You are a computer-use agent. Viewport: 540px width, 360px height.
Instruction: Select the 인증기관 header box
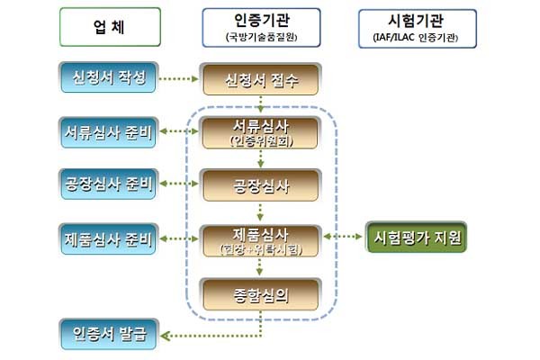tap(260, 28)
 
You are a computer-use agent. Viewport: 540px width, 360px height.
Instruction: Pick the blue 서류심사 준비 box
tap(108, 132)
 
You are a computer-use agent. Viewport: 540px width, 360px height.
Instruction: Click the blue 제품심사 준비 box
tap(108, 238)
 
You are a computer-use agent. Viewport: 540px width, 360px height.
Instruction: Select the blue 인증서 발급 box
tap(108, 337)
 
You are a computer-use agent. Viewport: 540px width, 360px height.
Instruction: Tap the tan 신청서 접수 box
tap(260, 80)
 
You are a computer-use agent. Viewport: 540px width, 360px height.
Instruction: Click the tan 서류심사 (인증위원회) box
tap(260, 132)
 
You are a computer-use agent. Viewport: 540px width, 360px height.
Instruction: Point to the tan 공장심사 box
tap(260, 186)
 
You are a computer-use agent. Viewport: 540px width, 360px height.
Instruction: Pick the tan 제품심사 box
tap(260, 239)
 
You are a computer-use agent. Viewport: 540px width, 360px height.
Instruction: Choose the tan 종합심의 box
tap(260, 292)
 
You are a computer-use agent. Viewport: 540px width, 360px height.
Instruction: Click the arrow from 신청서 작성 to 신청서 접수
tap(179, 79)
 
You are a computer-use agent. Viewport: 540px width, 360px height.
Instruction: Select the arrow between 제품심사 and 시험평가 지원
tap(342, 238)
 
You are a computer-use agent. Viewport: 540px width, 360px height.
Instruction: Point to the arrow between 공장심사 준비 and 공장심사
tap(179, 185)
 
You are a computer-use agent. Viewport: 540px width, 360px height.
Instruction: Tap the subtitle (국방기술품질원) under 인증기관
tap(260, 38)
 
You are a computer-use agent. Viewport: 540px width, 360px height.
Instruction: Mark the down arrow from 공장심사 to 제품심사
tap(260, 213)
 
